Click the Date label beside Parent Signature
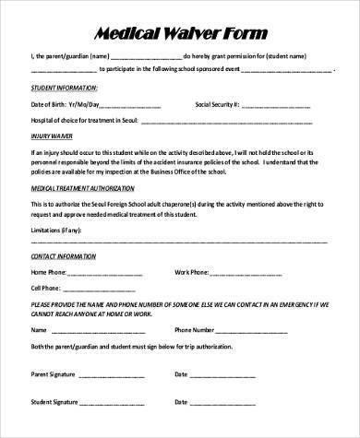[181, 375]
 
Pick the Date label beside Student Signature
[181, 402]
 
